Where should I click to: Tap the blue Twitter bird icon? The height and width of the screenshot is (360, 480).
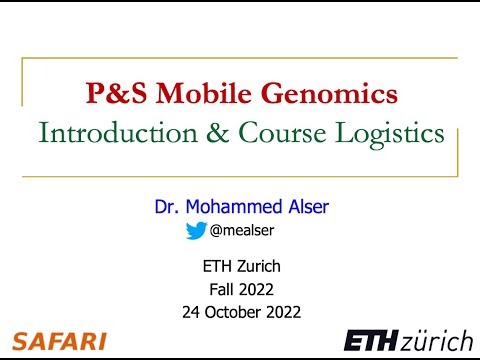(x=196, y=231)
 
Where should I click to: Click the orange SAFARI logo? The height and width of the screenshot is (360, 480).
(x=59, y=340)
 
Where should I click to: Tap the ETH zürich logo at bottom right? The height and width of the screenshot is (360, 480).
(x=407, y=340)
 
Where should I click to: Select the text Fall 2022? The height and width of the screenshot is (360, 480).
(x=240, y=289)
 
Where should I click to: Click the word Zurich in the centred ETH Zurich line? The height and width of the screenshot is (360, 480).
(x=258, y=267)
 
